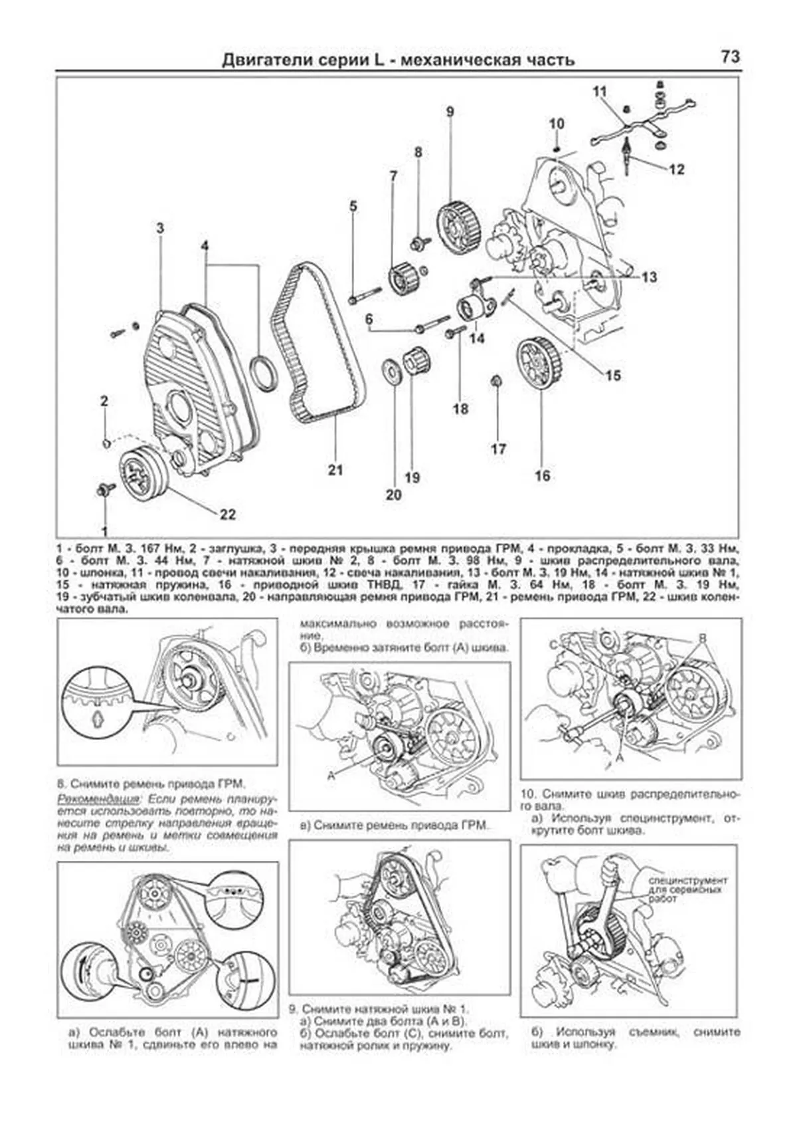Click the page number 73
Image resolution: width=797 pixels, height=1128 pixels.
[729, 57]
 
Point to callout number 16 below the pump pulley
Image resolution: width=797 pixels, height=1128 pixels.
[542, 476]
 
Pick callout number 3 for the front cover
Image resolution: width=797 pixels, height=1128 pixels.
[160, 228]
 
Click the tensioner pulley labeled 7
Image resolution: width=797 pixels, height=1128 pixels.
[400, 278]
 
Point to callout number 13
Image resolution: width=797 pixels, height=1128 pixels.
[649, 277]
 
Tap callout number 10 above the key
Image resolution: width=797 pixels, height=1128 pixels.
[557, 124]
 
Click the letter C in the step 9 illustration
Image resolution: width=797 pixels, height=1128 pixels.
[553, 645]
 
